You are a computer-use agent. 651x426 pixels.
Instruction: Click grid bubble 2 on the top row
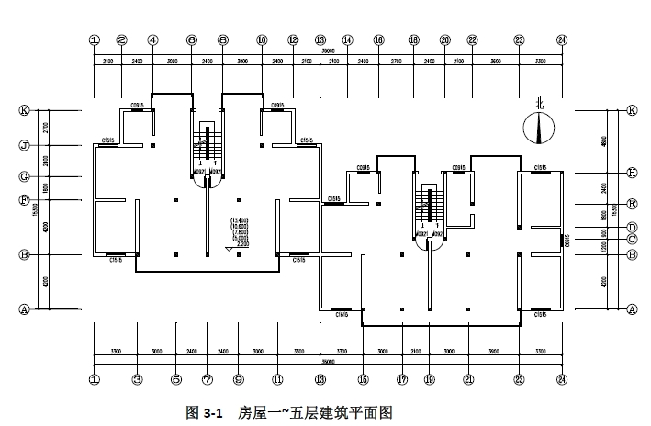coord(121,40)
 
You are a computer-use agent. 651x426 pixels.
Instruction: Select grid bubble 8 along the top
coord(223,40)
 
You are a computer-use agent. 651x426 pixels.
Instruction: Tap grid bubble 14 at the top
coord(348,40)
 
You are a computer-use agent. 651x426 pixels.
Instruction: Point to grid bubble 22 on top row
coord(472,40)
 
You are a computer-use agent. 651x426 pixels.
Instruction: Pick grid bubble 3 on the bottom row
coord(136,378)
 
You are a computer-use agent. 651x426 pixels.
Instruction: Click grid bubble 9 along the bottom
coord(238,378)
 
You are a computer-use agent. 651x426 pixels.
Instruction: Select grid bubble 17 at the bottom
coord(402,378)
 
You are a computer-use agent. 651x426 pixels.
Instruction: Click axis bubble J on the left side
coord(25,145)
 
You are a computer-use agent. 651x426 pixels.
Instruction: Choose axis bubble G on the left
coord(25,175)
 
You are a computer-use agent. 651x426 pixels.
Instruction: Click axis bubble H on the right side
coord(632,172)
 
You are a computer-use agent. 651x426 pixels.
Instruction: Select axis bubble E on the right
coord(632,203)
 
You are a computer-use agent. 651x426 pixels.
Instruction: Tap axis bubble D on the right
coord(632,227)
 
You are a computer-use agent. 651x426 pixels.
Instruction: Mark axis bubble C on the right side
coord(632,240)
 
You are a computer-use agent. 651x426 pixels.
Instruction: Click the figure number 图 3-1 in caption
coord(205,413)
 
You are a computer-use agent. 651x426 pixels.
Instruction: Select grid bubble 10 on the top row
coord(262,40)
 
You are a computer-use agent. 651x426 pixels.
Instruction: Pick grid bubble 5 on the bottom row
coord(175,378)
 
